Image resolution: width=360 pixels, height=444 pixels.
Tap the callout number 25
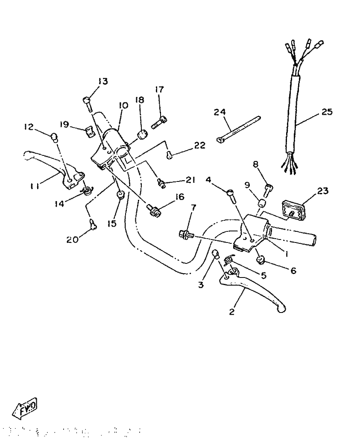327,112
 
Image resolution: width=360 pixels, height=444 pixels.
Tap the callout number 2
232,312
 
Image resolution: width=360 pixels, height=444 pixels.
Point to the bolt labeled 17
158,123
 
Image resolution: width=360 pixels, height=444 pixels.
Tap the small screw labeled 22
170,155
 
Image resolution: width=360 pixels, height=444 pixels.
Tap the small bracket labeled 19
89,132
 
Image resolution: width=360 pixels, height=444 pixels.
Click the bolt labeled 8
268,189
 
